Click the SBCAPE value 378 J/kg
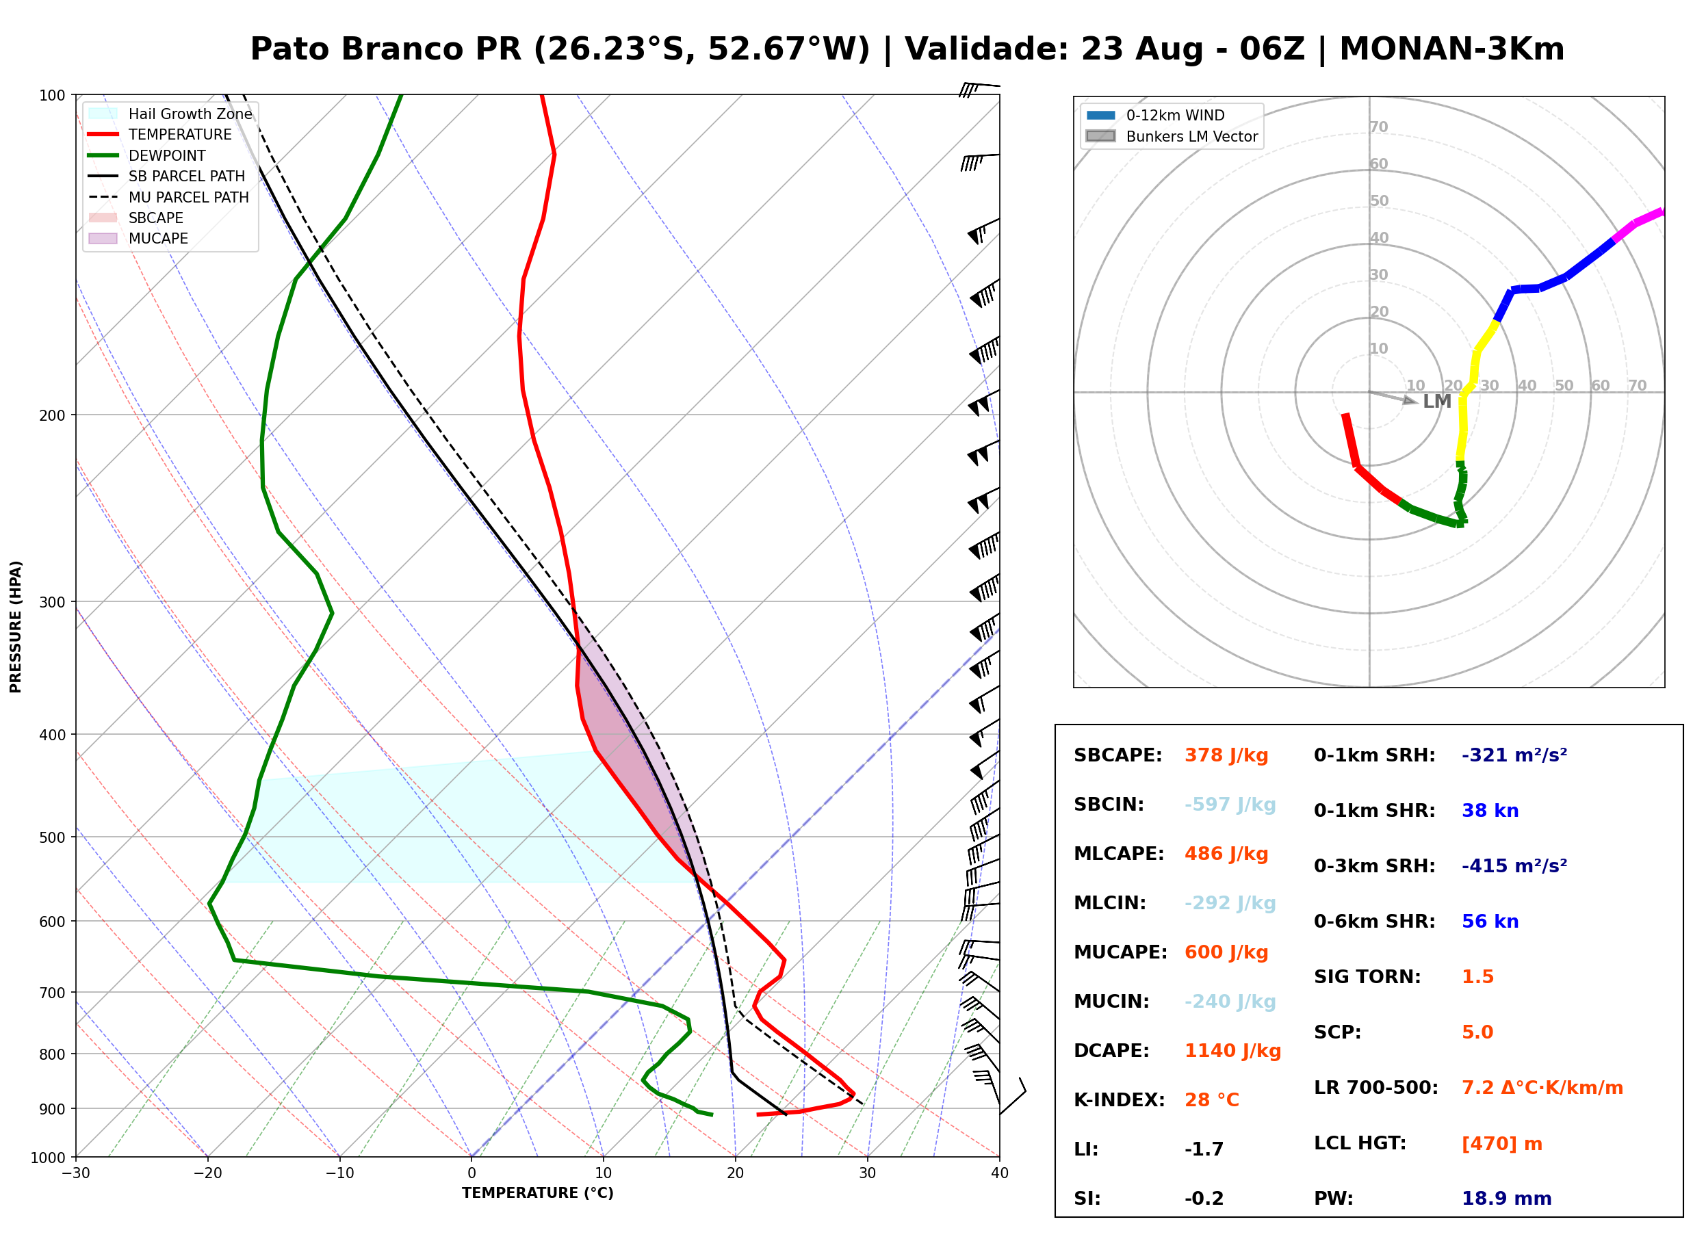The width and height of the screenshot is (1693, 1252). click(1226, 755)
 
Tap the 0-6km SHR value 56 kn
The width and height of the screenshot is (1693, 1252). click(1490, 922)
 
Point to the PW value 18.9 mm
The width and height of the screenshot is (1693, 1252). click(1507, 1199)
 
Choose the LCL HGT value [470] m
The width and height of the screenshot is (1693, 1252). click(1502, 1144)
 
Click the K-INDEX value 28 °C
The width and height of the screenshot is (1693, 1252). click(1212, 1100)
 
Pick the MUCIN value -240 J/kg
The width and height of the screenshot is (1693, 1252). click(1230, 1002)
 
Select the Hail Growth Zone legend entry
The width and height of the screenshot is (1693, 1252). click(170, 114)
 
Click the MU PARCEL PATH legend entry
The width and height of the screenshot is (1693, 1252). click(168, 197)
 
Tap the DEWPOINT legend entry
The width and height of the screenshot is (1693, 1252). click(147, 155)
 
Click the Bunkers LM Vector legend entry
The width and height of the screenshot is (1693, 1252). click(1172, 136)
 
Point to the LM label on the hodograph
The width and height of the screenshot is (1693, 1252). click(1437, 402)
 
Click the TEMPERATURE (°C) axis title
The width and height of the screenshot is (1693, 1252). click(538, 1194)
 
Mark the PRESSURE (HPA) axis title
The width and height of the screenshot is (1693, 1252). click(16, 627)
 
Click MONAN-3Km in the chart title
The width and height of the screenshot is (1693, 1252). click(1451, 49)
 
